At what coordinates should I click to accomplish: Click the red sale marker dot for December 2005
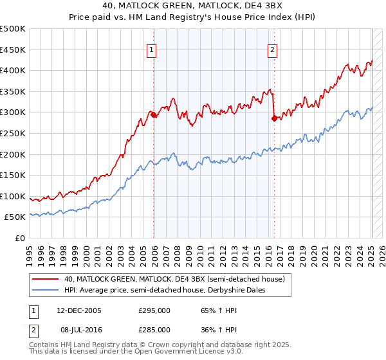coord(154,115)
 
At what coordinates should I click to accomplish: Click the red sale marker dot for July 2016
coord(275,118)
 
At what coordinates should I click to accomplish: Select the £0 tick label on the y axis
coord(20,238)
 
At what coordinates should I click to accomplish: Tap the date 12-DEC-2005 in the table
coord(78,310)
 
